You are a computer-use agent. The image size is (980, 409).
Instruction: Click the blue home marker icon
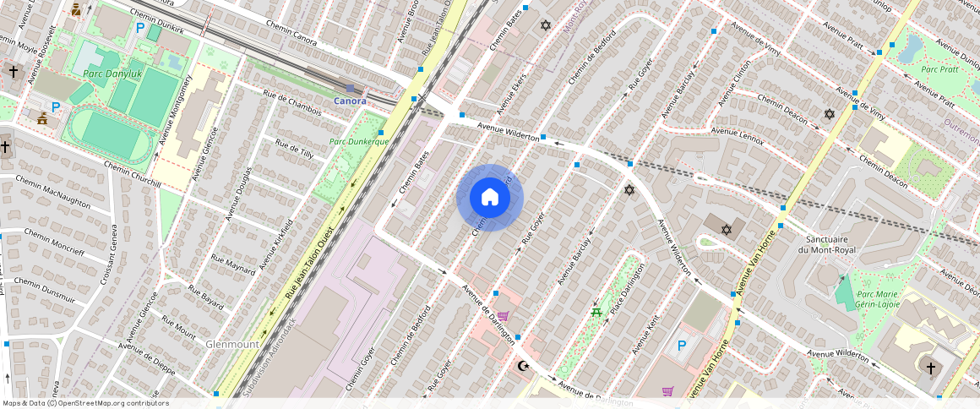click(x=490, y=198)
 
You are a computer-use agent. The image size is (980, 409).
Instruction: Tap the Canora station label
click(x=350, y=101)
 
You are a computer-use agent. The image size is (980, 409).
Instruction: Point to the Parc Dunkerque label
click(x=359, y=141)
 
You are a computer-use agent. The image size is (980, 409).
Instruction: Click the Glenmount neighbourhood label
click(x=232, y=345)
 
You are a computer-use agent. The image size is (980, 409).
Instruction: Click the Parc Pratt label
click(x=939, y=69)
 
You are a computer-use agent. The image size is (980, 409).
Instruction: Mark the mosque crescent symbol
click(x=525, y=365)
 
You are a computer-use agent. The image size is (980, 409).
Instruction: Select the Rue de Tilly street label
click(x=294, y=150)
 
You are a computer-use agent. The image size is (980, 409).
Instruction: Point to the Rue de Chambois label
click(x=292, y=104)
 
